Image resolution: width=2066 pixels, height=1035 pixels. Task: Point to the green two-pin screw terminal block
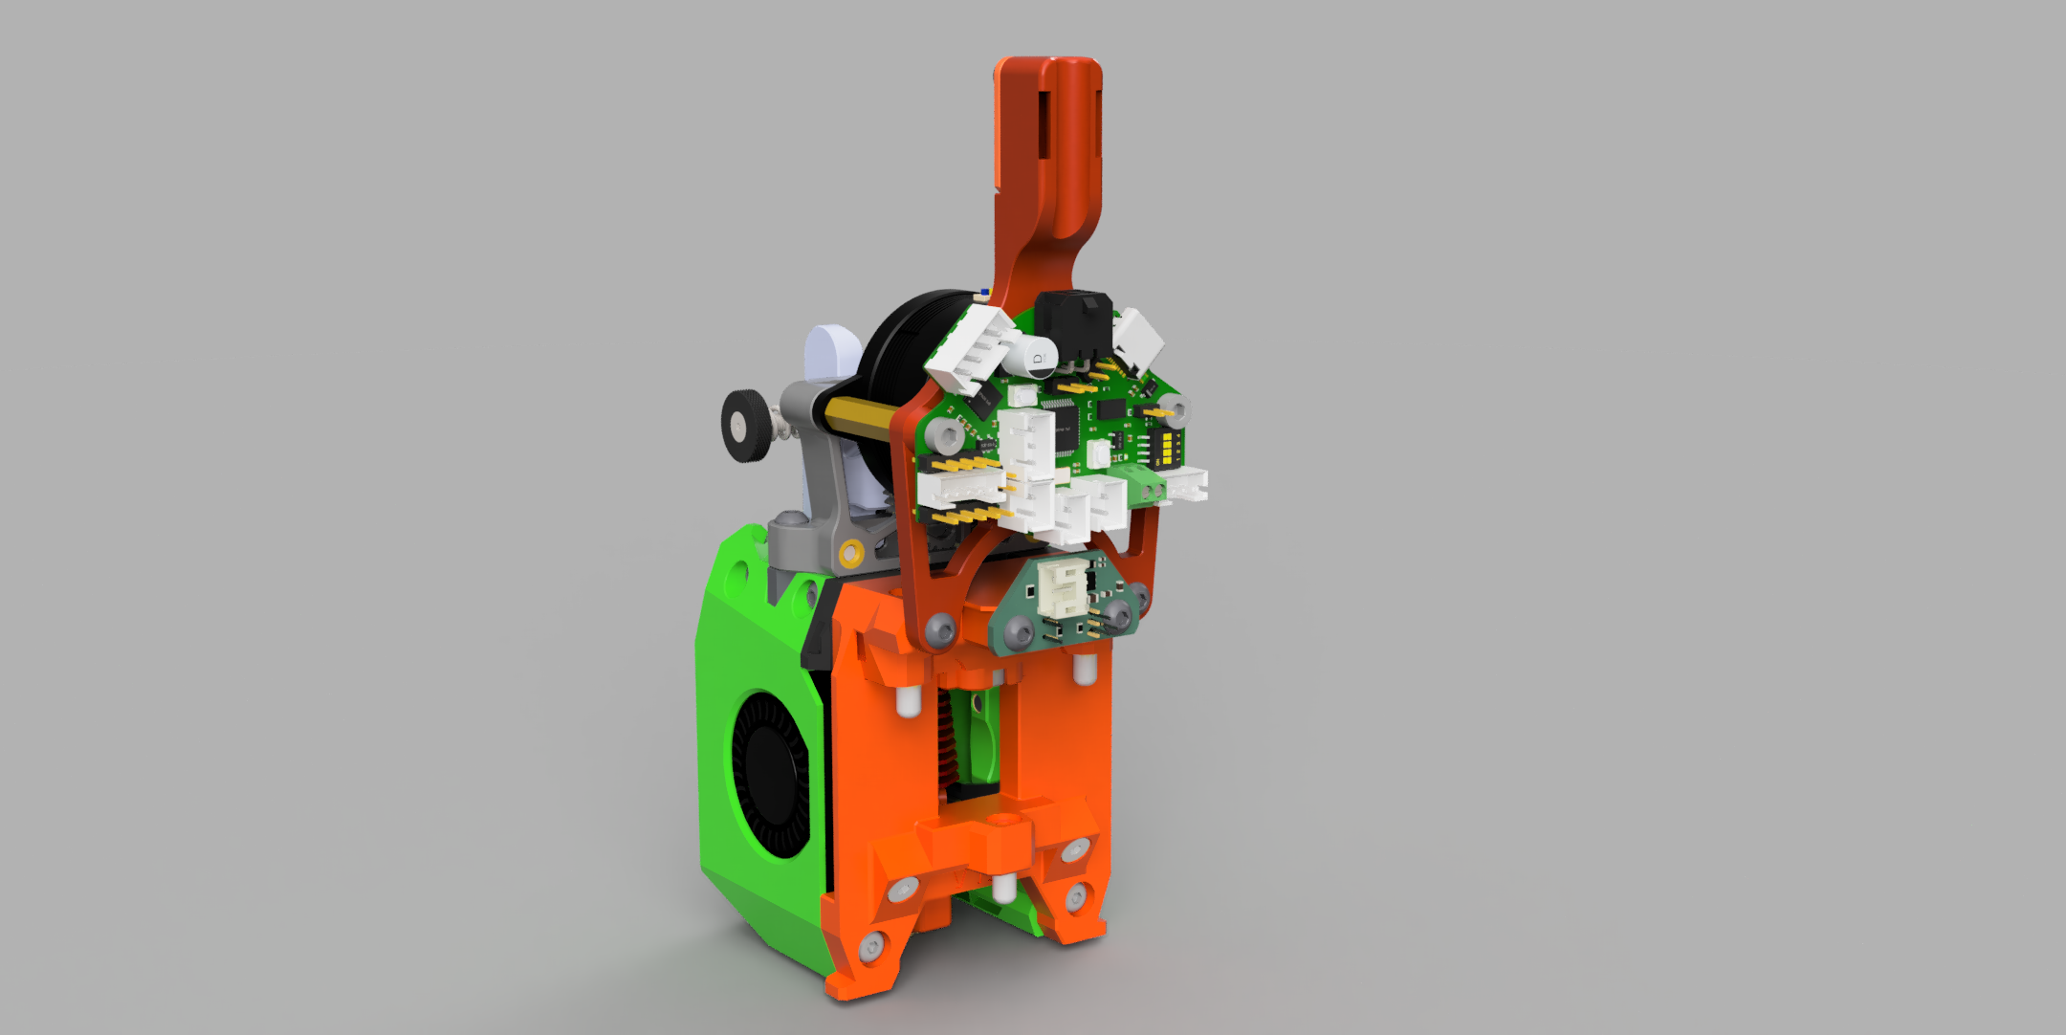pos(1149,486)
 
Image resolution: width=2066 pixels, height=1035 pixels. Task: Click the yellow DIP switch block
pos(1166,447)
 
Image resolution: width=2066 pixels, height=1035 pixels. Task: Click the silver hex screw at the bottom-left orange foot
pos(870,947)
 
